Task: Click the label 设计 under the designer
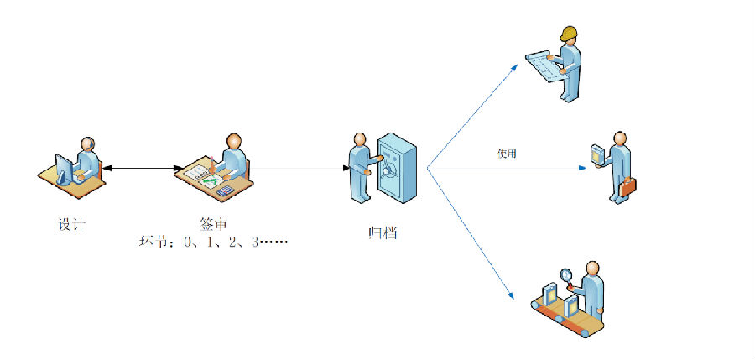pyautogui.click(x=71, y=225)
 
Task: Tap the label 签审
pyautogui.click(x=213, y=225)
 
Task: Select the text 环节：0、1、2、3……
pyautogui.click(x=213, y=243)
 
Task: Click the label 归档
pyautogui.click(x=383, y=232)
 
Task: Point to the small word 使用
pyautogui.click(x=507, y=154)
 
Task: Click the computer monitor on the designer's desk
pyautogui.click(x=64, y=167)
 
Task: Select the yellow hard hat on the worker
pyautogui.click(x=570, y=34)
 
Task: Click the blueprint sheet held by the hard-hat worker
pyautogui.click(x=545, y=62)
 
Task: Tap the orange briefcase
pyautogui.click(x=627, y=186)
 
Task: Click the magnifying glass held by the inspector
pyautogui.click(x=566, y=274)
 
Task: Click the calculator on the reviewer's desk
pyautogui.click(x=225, y=190)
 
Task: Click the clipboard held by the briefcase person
pyautogui.click(x=597, y=155)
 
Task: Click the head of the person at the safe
pyautogui.click(x=361, y=138)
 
